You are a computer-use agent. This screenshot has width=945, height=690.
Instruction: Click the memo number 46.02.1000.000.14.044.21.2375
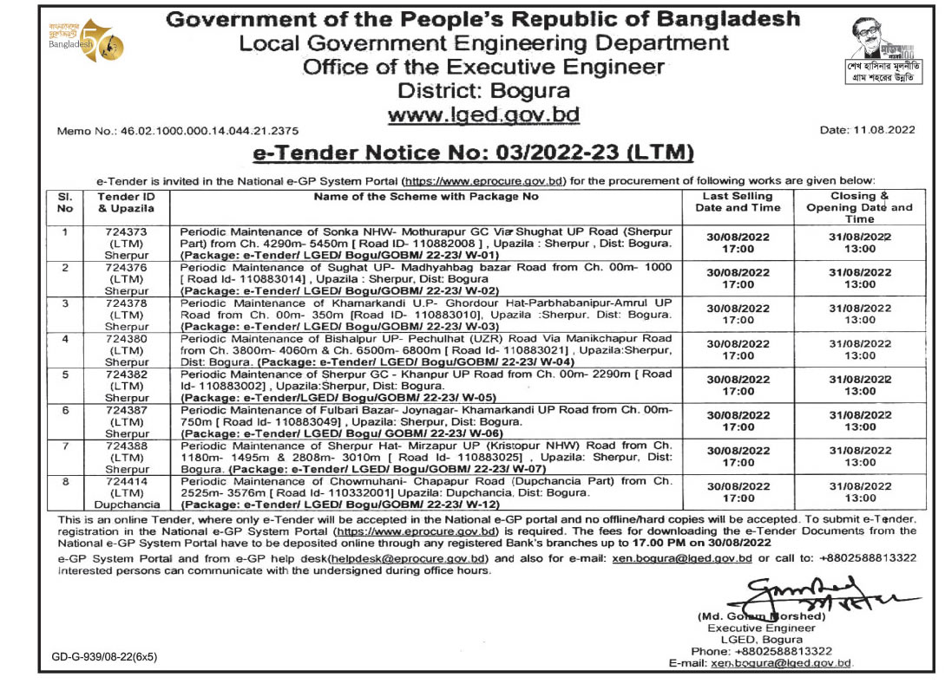click(x=177, y=130)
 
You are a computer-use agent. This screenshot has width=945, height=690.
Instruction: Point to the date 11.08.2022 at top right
click(x=868, y=130)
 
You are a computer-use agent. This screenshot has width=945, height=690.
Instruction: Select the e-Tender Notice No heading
click(x=473, y=153)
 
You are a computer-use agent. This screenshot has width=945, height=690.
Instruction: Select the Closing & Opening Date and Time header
click(x=859, y=207)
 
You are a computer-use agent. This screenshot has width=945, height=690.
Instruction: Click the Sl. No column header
click(x=62, y=202)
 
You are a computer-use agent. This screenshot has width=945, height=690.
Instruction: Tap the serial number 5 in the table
click(x=62, y=374)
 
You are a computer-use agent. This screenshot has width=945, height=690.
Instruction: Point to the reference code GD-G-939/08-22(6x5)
click(x=104, y=657)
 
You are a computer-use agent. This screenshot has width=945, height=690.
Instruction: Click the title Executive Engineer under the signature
click(x=761, y=628)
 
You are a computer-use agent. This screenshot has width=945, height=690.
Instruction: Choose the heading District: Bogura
click(x=483, y=91)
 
